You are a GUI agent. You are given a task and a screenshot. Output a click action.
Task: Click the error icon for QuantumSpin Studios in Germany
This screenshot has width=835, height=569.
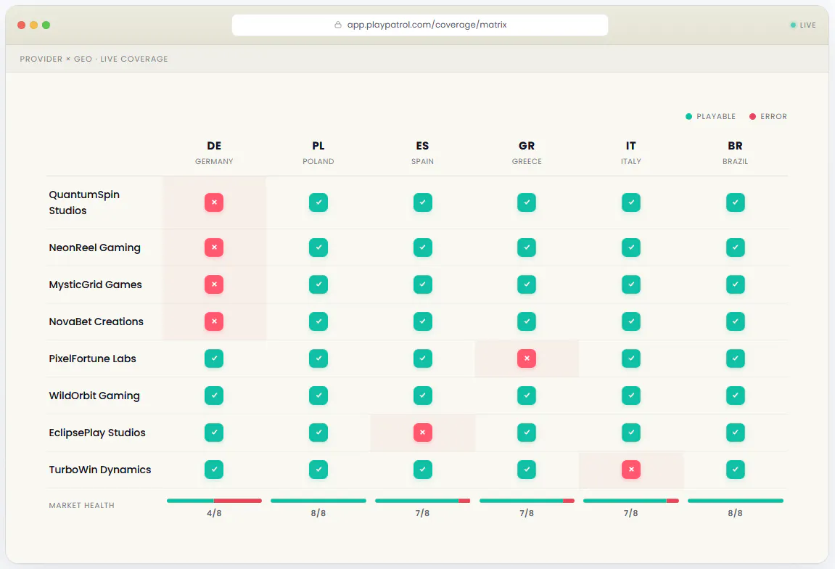pyautogui.click(x=214, y=202)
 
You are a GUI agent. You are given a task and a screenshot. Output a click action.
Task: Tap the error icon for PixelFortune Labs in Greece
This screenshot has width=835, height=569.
pyautogui.click(x=527, y=359)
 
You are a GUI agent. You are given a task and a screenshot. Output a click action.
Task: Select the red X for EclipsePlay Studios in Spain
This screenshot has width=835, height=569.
pyautogui.click(x=423, y=433)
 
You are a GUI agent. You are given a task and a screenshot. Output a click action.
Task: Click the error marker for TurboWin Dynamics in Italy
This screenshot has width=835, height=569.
pyautogui.click(x=631, y=470)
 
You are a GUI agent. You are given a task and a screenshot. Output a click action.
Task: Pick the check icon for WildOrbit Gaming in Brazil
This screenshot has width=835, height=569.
pyautogui.click(x=736, y=396)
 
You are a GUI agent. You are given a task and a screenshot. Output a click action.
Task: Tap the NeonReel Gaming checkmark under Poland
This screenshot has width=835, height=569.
pyautogui.click(x=318, y=247)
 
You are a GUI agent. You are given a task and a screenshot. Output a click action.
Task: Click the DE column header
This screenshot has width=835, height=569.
pyautogui.click(x=214, y=146)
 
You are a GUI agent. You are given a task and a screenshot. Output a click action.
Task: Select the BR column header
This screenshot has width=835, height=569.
pyautogui.click(x=736, y=146)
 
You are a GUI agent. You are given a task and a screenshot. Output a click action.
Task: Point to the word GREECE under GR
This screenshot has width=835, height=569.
pyautogui.click(x=527, y=161)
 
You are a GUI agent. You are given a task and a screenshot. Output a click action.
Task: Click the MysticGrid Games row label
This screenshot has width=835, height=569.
pyautogui.click(x=95, y=284)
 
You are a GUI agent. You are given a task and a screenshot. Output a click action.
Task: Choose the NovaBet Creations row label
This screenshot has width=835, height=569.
pyautogui.click(x=96, y=322)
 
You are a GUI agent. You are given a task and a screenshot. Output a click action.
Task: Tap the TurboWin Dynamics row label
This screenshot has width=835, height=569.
pyautogui.click(x=100, y=470)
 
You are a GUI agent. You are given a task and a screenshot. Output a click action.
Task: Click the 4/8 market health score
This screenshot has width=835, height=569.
pyautogui.click(x=214, y=513)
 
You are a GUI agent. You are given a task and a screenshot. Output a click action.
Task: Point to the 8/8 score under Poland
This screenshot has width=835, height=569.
pyautogui.click(x=318, y=513)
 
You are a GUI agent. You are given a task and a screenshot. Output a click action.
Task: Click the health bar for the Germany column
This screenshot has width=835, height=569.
pyautogui.click(x=214, y=501)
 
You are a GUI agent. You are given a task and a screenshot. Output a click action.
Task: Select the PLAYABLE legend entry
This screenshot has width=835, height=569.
pyautogui.click(x=710, y=116)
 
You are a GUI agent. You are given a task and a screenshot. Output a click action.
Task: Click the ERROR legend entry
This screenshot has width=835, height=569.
pyautogui.click(x=768, y=116)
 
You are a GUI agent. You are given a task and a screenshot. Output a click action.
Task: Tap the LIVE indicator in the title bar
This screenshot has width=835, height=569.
pyautogui.click(x=803, y=25)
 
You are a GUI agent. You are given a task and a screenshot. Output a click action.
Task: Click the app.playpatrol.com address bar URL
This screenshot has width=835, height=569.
pyautogui.click(x=427, y=25)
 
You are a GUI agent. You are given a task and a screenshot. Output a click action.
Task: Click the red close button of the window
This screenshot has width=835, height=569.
pyautogui.click(x=21, y=25)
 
